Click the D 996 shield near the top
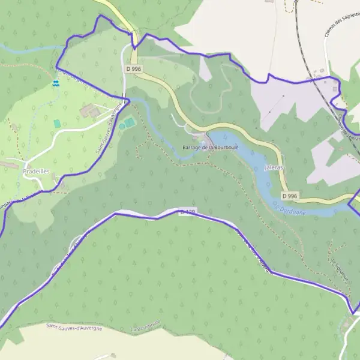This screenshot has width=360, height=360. pyautogui.click(x=133, y=69)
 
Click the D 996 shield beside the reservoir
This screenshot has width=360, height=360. pyautogui.click(x=289, y=196)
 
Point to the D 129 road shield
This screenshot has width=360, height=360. pyautogui.click(x=187, y=212)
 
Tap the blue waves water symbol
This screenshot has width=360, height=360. pyautogui.click(x=56, y=85)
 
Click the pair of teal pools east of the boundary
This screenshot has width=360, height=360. pyautogui.click(x=127, y=124)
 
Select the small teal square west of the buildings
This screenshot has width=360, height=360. pyautogui.click(x=57, y=123)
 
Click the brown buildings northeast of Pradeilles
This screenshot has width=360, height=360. pyautogui.click(x=90, y=110)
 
